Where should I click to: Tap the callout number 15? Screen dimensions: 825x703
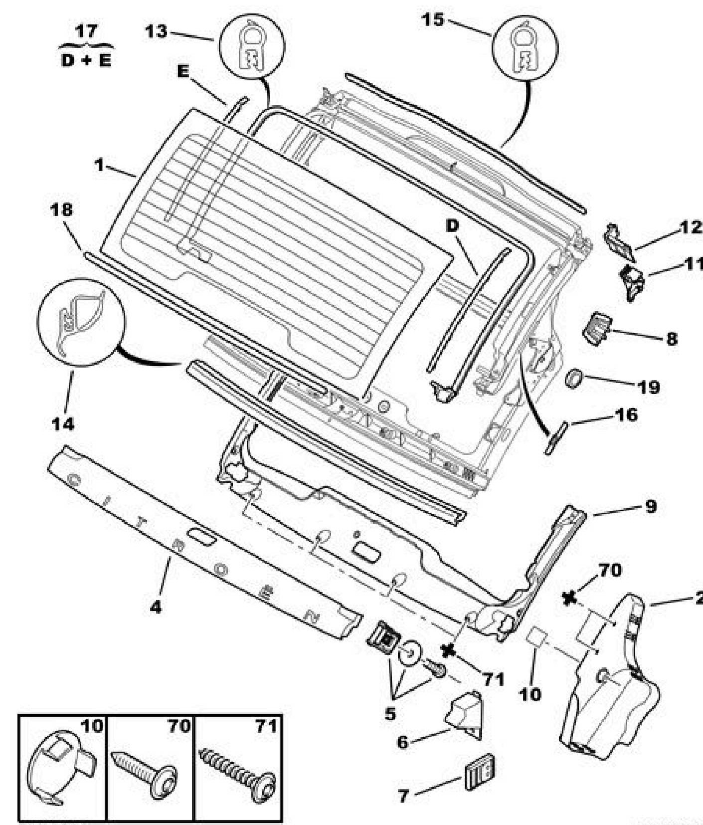[x=432, y=20]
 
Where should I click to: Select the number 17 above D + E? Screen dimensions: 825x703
[x=86, y=31]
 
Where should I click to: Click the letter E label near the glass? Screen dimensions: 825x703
[x=183, y=72]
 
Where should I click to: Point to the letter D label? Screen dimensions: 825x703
[x=452, y=226]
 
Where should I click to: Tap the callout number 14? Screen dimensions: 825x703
[x=63, y=423]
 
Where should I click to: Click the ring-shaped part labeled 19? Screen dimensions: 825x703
[x=574, y=378]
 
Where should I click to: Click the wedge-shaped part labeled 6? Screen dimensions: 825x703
[x=465, y=710]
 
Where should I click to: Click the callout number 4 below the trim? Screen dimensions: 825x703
[x=157, y=607]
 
